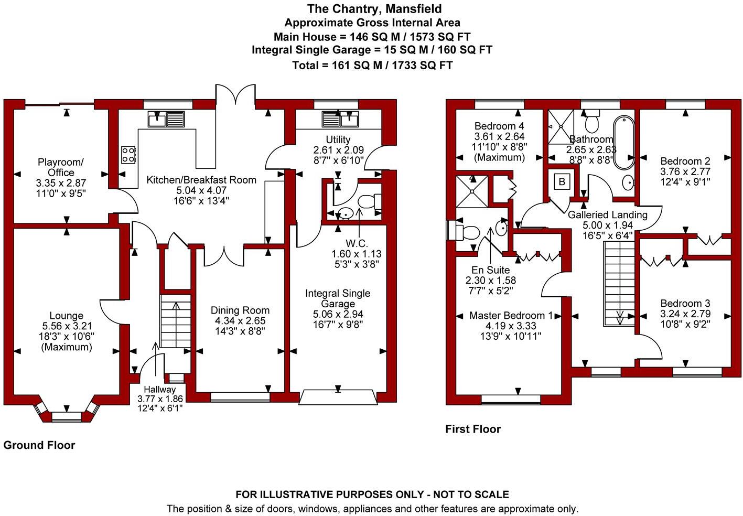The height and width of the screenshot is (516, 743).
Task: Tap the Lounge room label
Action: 66,316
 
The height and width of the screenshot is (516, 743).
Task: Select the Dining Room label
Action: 240,310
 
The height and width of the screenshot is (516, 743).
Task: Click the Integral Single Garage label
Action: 338,298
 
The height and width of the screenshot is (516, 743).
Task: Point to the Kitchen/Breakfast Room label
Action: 201,180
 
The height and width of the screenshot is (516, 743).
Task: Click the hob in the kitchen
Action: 128,154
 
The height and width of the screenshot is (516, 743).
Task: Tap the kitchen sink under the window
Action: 166,119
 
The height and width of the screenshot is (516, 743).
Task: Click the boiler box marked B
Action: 562,182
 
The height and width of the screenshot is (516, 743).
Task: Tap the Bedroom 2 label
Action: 685,161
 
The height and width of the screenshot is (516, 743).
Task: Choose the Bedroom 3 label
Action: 685,303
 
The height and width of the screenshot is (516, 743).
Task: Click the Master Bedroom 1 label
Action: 511,316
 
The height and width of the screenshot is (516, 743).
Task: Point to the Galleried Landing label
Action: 608,215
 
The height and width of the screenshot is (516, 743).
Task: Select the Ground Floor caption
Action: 39,445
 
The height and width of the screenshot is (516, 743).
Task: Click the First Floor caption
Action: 473,429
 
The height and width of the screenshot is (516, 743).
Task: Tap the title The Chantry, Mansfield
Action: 374,9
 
